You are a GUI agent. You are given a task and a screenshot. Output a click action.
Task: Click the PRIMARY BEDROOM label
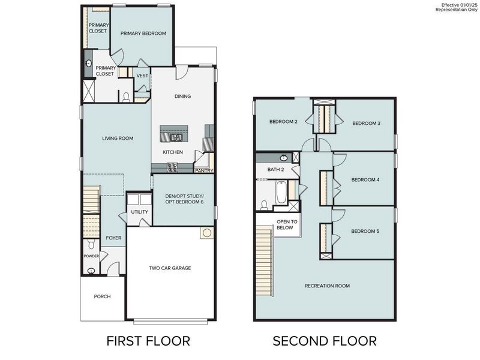point(143,34)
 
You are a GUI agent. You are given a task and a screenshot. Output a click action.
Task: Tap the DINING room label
point(182,96)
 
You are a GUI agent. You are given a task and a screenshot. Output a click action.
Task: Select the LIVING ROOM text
point(113,138)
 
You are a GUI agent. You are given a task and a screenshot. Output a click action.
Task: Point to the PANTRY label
point(203,171)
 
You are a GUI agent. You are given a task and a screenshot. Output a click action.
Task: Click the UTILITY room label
point(139,212)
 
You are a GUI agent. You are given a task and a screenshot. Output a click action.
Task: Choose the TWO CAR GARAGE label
point(170,268)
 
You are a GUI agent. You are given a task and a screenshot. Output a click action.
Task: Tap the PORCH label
point(102,296)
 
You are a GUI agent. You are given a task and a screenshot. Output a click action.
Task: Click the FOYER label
point(113,238)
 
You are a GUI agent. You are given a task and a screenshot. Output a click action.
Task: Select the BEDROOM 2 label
point(283,122)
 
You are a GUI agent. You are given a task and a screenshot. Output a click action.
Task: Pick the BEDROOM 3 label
point(366,124)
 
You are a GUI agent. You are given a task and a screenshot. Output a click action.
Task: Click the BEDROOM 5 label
point(365,231)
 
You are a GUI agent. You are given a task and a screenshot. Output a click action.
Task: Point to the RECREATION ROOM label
point(327,286)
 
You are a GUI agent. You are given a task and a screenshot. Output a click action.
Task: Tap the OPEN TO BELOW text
point(285,225)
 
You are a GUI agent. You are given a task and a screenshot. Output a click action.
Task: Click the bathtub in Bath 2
point(281,193)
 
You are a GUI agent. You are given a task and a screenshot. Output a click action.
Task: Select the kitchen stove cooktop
point(173,167)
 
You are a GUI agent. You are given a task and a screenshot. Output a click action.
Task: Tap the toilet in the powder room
point(91,245)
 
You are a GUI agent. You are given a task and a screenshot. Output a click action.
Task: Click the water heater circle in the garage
point(206,232)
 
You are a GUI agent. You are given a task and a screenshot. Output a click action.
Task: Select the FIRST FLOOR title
point(148,341)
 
